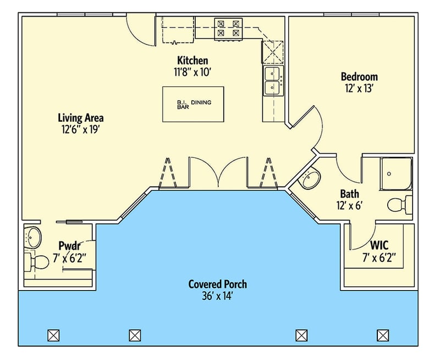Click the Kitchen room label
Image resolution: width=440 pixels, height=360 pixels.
pyautogui.click(x=193, y=60)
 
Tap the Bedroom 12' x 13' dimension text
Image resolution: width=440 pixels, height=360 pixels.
pyautogui.click(x=359, y=88)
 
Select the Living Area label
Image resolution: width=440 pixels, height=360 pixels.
pyautogui.click(x=81, y=118)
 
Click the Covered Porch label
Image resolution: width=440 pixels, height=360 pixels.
pyautogui.click(x=217, y=284)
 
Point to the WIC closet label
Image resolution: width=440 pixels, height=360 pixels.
pyautogui.click(x=380, y=244)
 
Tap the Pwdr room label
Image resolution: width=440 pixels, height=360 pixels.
pyautogui.click(x=69, y=246)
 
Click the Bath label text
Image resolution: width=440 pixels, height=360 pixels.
pyautogui.click(x=349, y=194)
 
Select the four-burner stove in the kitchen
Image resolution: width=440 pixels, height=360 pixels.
pyautogui.click(x=229, y=28)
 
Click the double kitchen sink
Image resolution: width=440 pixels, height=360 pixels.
pyautogui.click(x=272, y=80)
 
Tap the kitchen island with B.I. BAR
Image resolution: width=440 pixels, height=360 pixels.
pyautogui.click(x=193, y=104)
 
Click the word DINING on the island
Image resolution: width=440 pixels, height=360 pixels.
pyautogui.click(x=201, y=102)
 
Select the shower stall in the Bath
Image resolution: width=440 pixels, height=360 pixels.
pyautogui.click(x=396, y=174)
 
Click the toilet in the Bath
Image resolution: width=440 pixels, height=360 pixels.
pyautogui.click(x=399, y=205)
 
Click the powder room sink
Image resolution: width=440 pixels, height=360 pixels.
pyautogui.click(x=34, y=237)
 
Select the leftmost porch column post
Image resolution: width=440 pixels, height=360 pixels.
pyautogui.click(x=53, y=335)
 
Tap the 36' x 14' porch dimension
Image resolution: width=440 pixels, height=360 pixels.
pyautogui.click(x=217, y=296)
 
